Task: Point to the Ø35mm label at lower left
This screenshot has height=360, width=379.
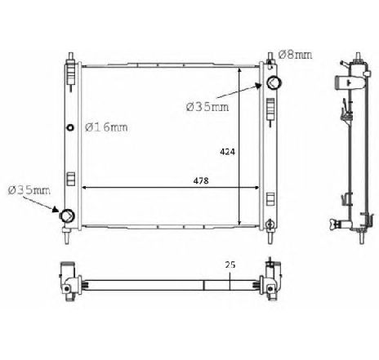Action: tap(29, 190)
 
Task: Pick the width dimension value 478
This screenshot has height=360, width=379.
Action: tap(199, 180)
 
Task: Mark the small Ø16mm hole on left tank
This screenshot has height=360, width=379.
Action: tap(70, 127)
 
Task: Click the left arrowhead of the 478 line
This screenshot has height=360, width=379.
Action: tap(85, 189)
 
